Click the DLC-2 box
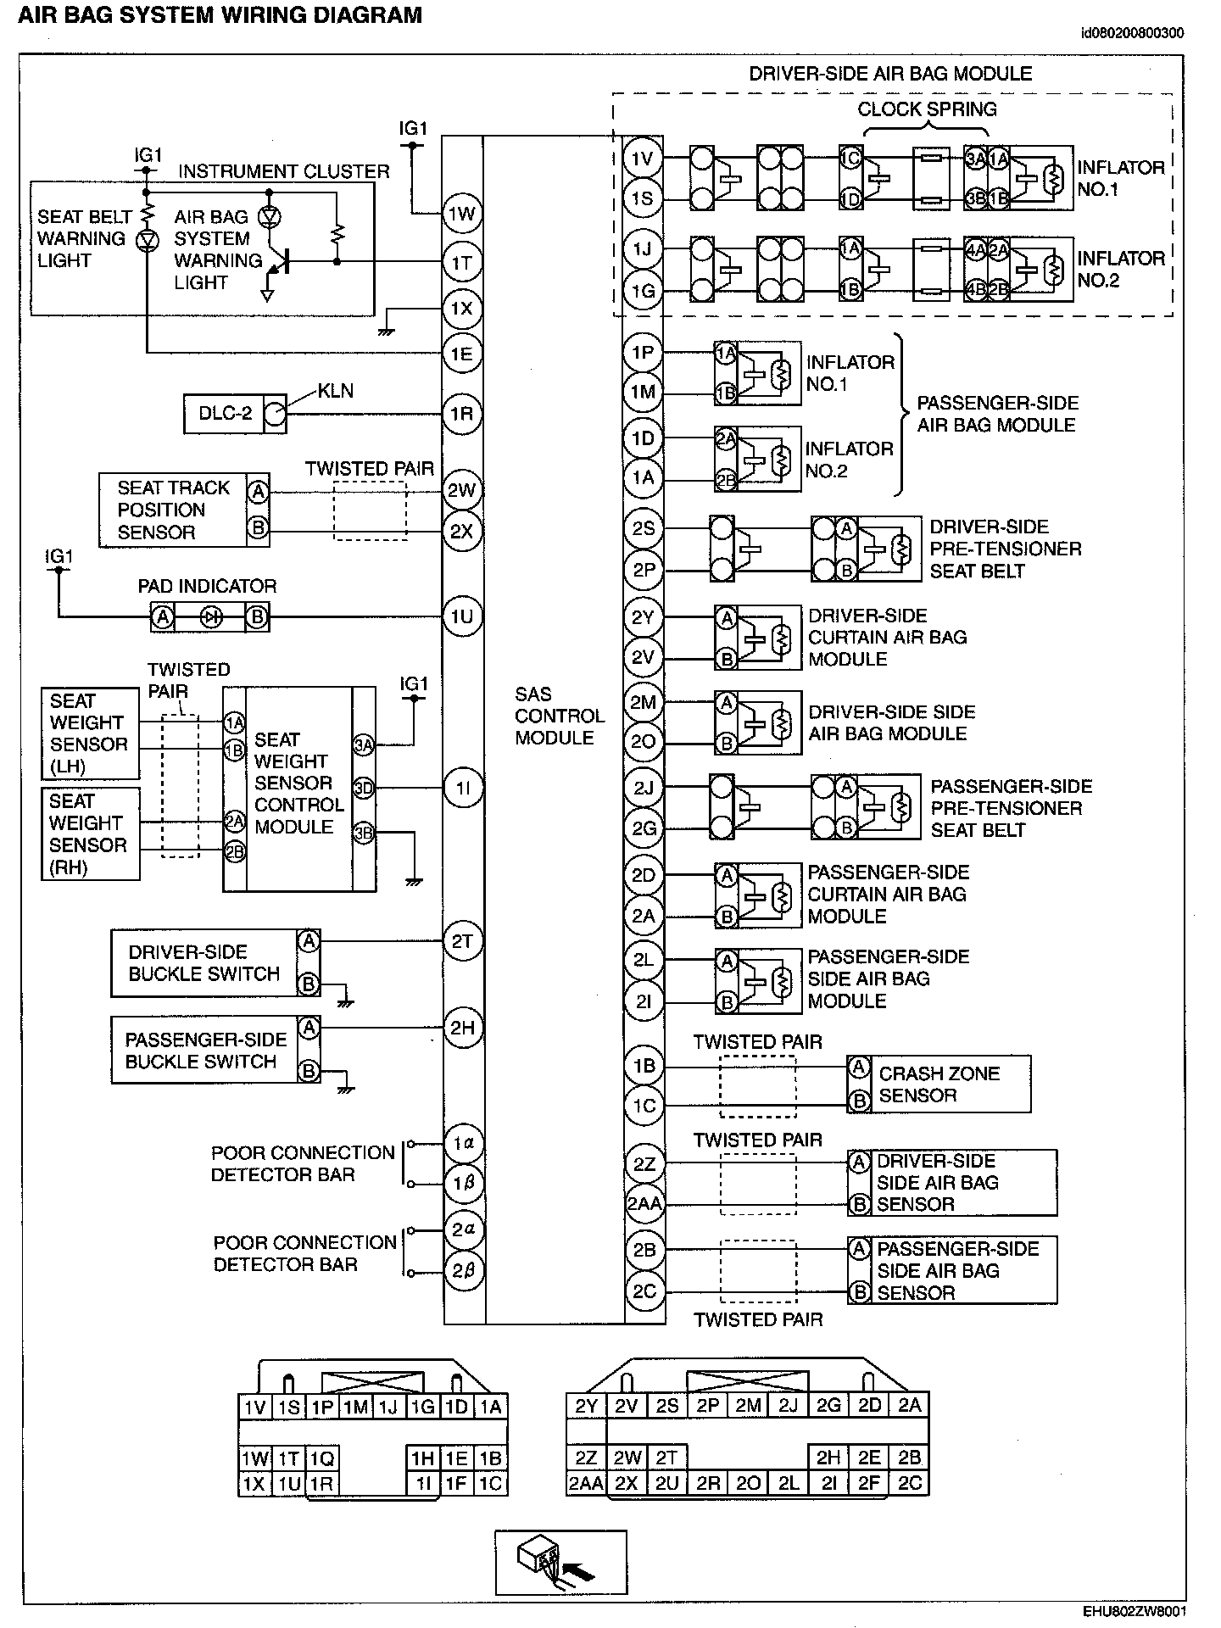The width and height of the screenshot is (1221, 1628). [225, 414]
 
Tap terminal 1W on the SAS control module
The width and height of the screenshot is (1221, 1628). [462, 214]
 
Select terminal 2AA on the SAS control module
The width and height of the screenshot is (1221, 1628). [644, 1203]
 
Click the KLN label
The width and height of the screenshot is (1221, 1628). [336, 391]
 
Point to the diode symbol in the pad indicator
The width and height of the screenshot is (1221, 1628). [210, 617]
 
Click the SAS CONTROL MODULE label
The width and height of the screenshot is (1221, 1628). [559, 716]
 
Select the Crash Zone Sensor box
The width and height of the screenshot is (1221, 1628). [939, 1084]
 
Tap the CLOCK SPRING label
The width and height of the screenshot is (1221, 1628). [927, 109]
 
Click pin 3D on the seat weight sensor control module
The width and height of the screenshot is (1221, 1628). [364, 789]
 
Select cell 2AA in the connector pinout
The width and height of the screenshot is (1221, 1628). [586, 1483]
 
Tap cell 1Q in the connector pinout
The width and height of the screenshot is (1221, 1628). [321, 1458]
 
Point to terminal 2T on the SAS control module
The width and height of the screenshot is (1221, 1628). [462, 941]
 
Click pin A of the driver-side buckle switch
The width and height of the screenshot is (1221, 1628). [309, 940]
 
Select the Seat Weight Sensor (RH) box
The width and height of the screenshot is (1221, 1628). [91, 834]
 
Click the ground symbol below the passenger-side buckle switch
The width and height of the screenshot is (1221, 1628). [347, 1086]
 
